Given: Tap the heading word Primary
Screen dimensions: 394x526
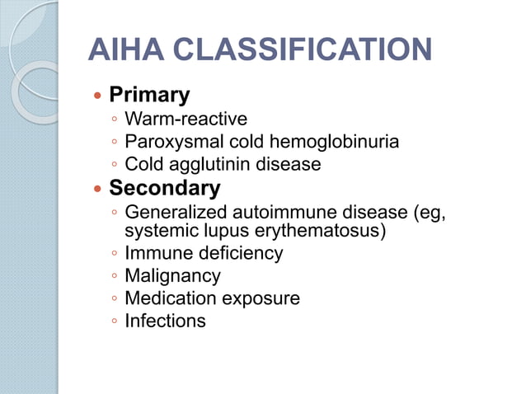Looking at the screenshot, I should click(x=149, y=95).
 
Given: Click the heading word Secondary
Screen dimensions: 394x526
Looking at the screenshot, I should click(x=164, y=189).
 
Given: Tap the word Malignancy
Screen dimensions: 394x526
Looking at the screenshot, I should click(x=172, y=275).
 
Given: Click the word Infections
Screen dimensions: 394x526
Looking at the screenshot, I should click(x=165, y=320).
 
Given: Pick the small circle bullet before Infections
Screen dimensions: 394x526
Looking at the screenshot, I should click(x=114, y=321).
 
